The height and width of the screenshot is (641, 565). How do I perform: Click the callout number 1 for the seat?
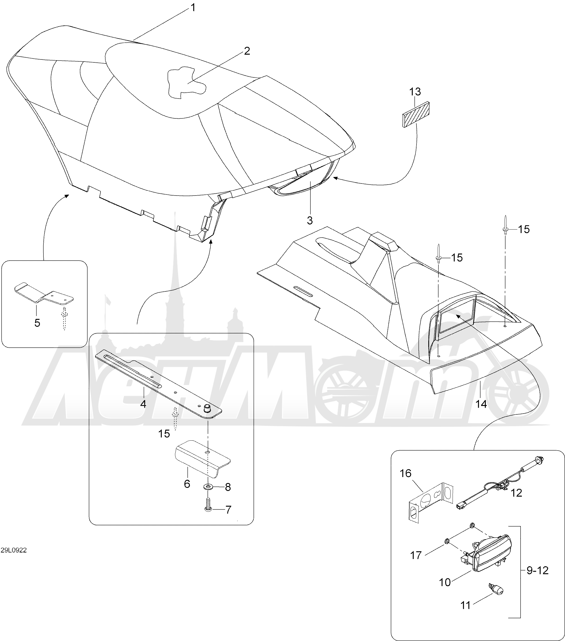coord(193,8)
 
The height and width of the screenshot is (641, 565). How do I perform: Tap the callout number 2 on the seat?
coord(247,51)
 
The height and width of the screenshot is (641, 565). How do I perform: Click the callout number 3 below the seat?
coord(310,220)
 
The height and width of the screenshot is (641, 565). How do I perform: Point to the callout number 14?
coord(481,404)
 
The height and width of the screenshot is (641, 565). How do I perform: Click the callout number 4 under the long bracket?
coord(143,404)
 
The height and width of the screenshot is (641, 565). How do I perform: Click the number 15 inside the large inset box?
coord(164,434)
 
